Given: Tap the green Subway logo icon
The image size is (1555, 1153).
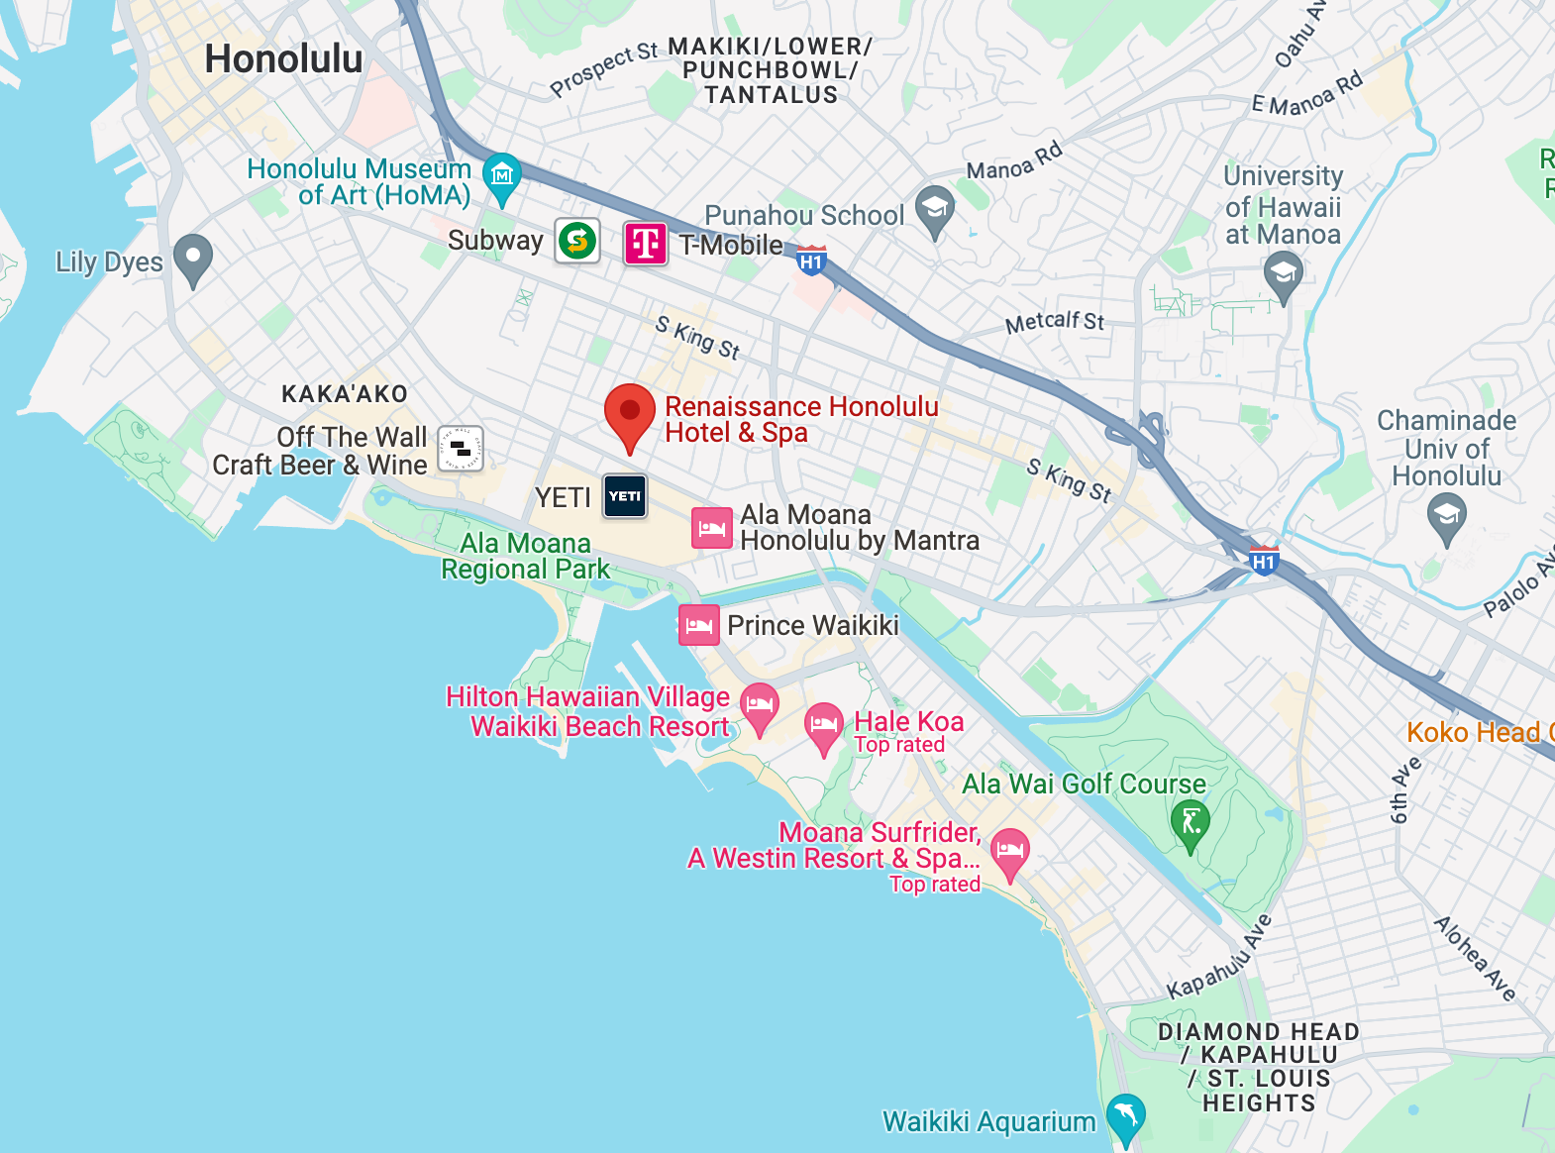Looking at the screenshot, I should click(x=576, y=241).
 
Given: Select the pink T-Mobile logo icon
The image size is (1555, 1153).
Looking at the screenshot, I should click(x=645, y=243).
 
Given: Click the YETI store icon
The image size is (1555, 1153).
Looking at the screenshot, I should click(x=625, y=496).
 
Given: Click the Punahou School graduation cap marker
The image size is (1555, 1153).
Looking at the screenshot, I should click(x=934, y=209).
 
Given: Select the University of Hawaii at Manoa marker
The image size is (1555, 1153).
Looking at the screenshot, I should click(x=1284, y=274).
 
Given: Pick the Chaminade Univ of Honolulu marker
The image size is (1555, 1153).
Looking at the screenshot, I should click(x=1446, y=515).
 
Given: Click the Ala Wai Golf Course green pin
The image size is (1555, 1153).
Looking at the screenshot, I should click(x=1190, y=822).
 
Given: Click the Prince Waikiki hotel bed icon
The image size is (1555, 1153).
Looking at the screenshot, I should click(x=698, y=625).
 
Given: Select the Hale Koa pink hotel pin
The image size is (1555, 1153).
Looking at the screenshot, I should click(x=823, y=726).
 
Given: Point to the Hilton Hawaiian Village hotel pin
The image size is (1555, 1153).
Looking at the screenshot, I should click(x=760, y=705).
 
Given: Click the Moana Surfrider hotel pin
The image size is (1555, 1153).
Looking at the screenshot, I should click(x=1009, y=851).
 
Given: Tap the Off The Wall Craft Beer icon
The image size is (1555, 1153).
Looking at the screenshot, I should click(x=461, y=449).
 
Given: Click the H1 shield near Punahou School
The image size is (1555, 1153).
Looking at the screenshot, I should click(x=811, y=261).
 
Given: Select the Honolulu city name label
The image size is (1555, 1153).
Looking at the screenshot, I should click(x=283, y=59).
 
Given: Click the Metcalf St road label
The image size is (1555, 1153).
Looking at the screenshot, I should click(x=1054, y=322).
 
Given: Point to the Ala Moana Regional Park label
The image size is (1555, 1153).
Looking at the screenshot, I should click(x=526, y=556).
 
